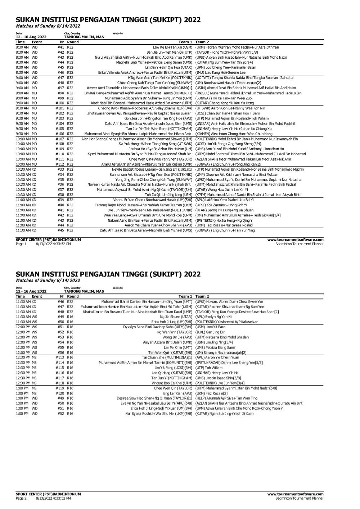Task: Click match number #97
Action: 60,88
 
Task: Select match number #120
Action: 60,393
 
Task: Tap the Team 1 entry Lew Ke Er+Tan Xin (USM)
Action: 172,47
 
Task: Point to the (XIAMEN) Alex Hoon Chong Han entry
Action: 234,134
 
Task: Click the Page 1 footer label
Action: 21,244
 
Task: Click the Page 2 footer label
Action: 21,498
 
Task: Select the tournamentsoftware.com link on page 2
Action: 295,494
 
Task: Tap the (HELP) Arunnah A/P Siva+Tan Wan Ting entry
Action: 226,398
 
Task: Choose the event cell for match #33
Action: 34,169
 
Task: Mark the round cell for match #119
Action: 70,388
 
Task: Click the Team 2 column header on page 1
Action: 202,42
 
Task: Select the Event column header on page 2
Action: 37,296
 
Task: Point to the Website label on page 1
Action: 117,33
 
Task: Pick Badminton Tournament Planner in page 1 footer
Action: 299,244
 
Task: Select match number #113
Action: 60,357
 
